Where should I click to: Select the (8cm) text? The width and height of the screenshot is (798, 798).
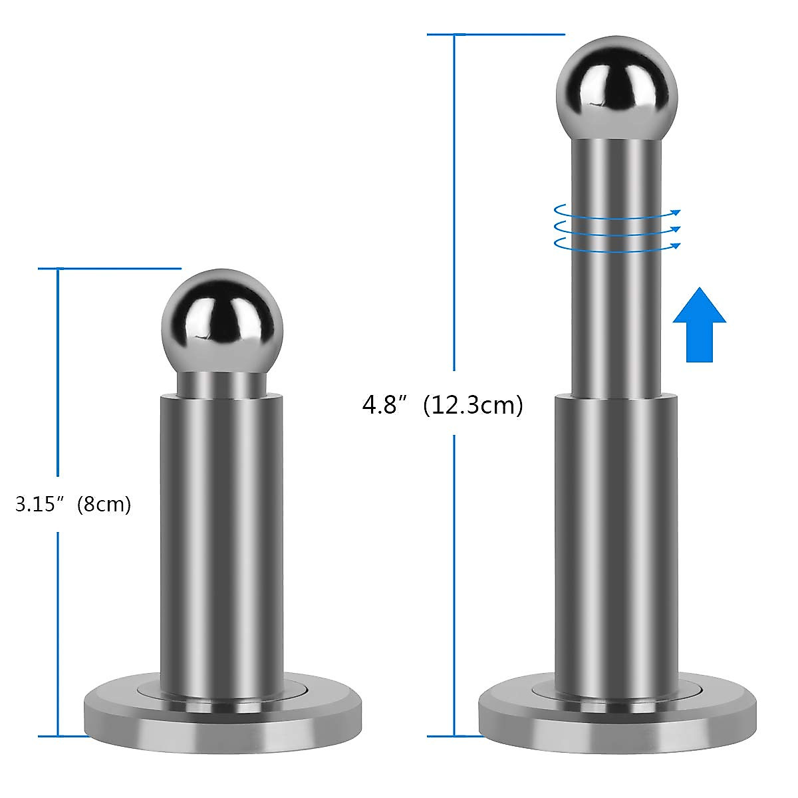104,504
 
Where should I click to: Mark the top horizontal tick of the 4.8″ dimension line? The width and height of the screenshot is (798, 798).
495,34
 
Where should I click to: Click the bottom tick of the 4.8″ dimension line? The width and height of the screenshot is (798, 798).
455,735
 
